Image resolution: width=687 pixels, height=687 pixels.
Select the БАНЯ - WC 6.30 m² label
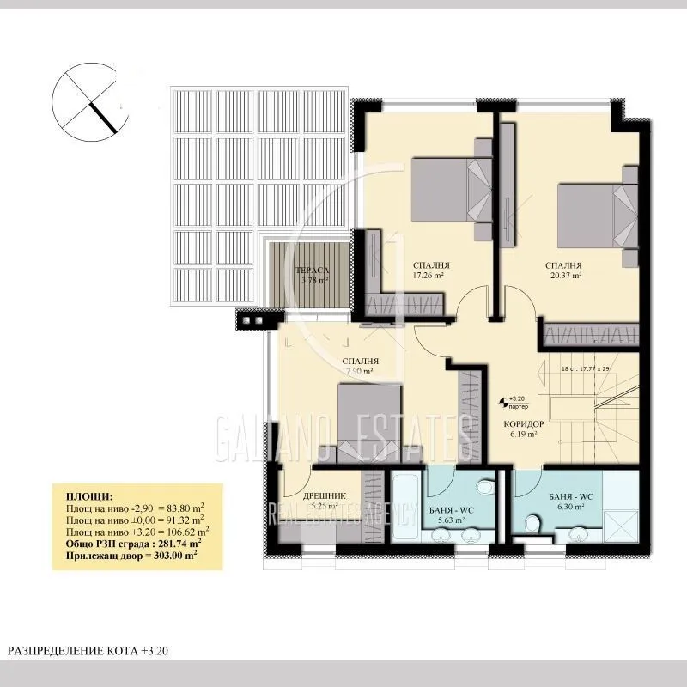click(568, 502)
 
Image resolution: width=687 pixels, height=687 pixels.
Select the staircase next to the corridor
click(593, 404)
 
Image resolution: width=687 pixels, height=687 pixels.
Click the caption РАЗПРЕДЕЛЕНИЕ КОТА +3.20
click(89, 652)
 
